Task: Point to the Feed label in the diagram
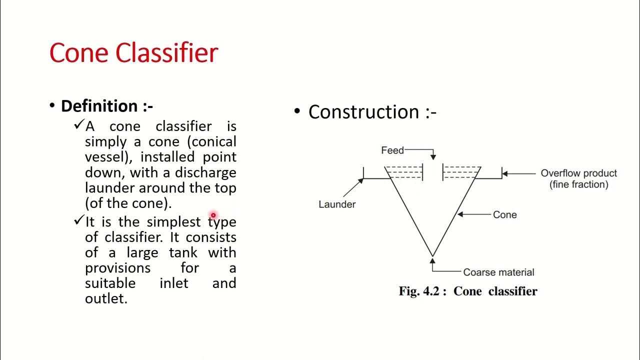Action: point(392,150)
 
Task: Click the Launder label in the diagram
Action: point(337,204)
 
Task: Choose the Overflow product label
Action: point(578,173)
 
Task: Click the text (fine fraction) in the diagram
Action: point(578,184)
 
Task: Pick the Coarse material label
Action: point(498,272)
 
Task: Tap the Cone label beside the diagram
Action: point(504,214)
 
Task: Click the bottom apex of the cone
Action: point(432,256)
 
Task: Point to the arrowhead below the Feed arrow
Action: point(433,157)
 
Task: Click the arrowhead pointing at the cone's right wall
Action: point(460,214)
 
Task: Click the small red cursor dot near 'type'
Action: point(213,215)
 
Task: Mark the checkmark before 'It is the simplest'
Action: point(78,220)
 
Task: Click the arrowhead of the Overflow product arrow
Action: point(504,173)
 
